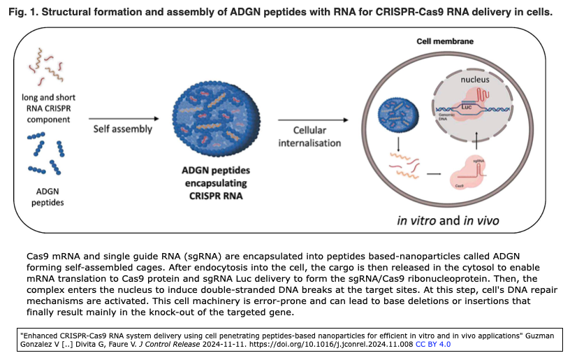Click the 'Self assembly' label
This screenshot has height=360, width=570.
point(123,129)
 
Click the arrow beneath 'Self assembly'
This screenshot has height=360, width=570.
point(123,142)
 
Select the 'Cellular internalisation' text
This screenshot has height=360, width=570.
point(309,136)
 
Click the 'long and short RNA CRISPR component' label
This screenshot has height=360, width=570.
point(48,108)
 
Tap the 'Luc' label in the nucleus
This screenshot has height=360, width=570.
point(467,106)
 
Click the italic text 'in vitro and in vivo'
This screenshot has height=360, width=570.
point(447,221)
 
